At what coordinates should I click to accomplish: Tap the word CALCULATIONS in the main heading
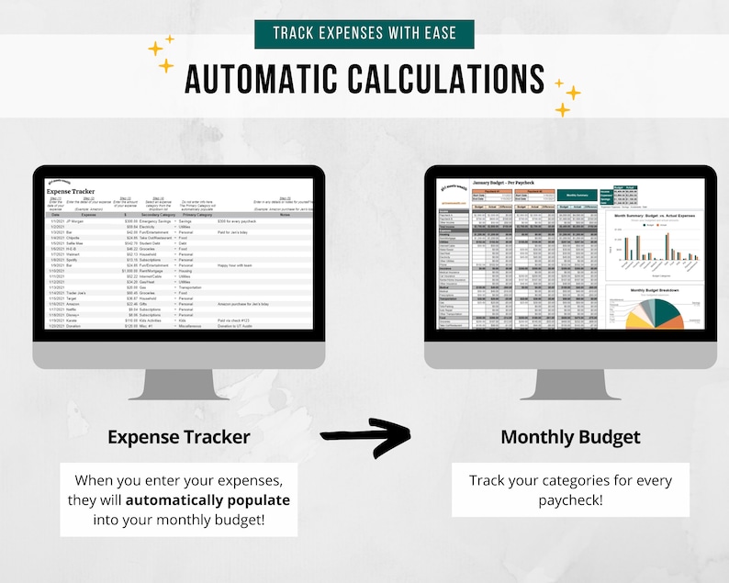(x=455, y=79)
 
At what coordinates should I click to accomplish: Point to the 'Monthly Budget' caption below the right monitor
(x=570, y=437)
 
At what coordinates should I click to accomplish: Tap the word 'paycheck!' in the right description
(x=570, y=499)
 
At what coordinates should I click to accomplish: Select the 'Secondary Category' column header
(x=158, y=214)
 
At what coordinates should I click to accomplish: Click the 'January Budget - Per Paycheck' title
(x=509, y=184)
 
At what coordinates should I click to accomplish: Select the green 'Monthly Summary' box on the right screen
(x=577, y=195)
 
